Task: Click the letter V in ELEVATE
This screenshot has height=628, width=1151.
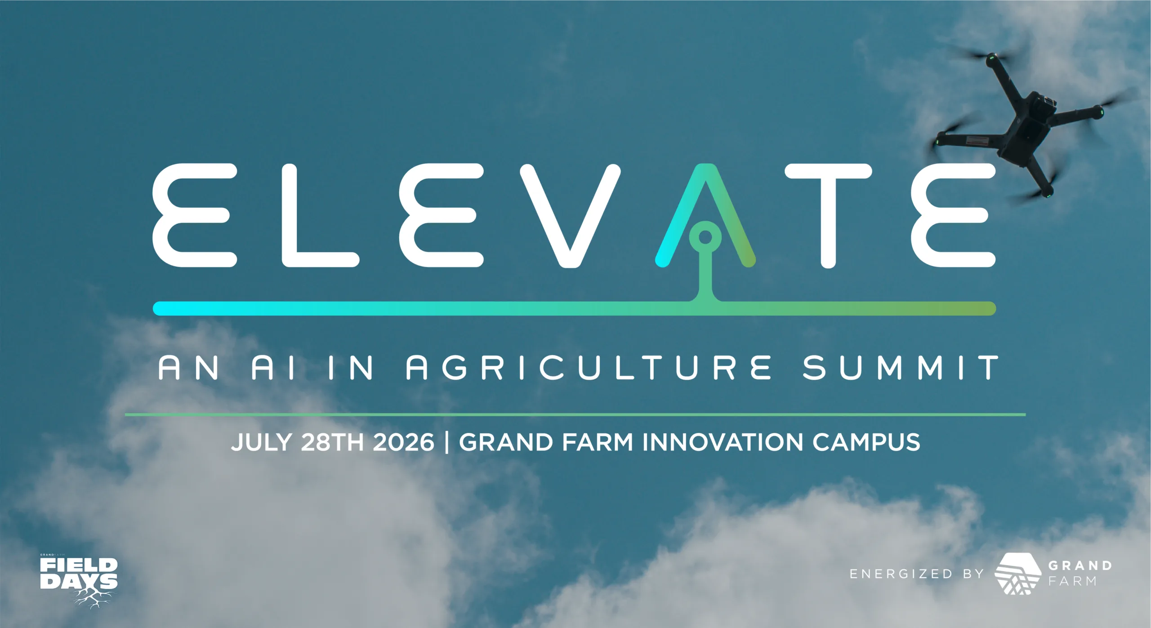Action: pos(570,216)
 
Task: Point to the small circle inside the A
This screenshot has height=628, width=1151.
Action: pos(705,236)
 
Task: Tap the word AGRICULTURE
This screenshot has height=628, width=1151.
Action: pos(589,368)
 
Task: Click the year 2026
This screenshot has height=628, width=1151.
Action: pos(403,442)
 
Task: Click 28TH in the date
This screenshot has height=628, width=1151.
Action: pos(332,442)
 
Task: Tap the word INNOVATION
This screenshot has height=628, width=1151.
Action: pos(723,442)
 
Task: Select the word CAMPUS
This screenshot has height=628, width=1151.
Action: pos(866,442)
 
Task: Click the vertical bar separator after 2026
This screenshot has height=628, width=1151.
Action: pos(446,443)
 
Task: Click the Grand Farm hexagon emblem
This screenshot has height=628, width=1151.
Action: pos(1018,573)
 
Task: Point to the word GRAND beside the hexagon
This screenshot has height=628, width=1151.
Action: pos(1080,566)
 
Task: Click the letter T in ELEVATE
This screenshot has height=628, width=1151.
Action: pos(828,216)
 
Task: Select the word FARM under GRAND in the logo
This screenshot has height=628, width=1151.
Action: pos(1073,581)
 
